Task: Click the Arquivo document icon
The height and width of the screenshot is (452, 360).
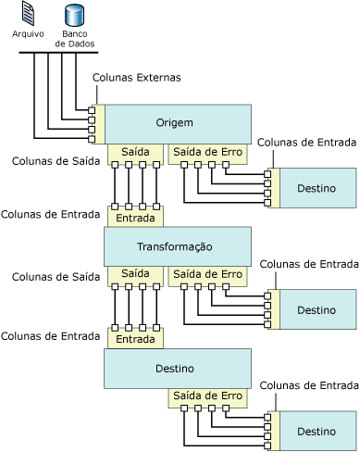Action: (x=28, y=14)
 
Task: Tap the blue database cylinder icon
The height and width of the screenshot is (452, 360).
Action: (x=74, y=15)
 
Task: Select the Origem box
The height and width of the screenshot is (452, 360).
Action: (x=178, y=124)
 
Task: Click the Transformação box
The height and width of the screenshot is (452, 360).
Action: (x=178, y=246)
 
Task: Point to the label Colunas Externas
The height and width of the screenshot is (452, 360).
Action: (x=137, y=78)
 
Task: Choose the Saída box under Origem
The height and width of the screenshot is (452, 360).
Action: (x=135, y=154)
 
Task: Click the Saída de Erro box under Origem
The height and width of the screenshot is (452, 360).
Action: (x=207, y=154)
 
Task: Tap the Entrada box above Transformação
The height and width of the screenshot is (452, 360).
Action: (x=135, y=217)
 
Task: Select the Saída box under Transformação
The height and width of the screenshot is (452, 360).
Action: (x=135, y=276)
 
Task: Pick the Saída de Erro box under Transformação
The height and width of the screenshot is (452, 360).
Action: (x=207, y=276)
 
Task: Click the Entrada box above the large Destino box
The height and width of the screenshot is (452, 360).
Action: (x=135, y=338)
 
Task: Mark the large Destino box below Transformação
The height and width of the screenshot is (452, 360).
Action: (x=178, y=369)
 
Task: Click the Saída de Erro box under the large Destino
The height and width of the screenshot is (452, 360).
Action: (x=207, y=398)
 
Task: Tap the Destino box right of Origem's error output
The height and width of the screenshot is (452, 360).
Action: (x=318, y=188)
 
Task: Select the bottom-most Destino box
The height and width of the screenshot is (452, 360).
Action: (x=318, y=431)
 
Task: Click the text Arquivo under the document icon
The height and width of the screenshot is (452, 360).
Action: (x=28, y=33)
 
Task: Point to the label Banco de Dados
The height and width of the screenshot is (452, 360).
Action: (x=75, y=39)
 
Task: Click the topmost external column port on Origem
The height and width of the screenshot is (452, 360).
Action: (x=92, y=110)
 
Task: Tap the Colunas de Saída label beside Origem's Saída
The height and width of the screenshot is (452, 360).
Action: (x=56, y=161)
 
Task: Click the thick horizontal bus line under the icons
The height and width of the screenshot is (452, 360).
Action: (x=58, y=53)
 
